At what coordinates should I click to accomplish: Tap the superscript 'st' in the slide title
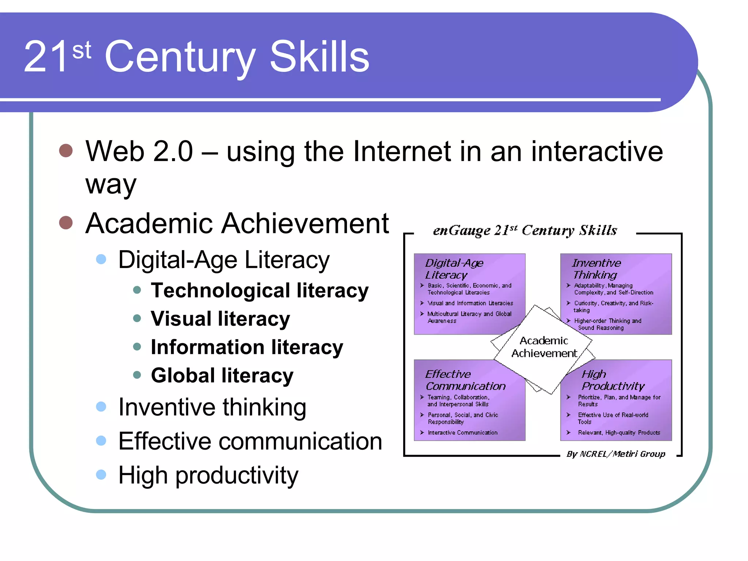(81, 50)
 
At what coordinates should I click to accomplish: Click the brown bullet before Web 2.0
(66, 150)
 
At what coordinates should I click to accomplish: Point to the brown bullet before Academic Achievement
(66, 222)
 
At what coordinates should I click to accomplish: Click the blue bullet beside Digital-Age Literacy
(101, 259)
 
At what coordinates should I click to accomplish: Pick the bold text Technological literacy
(260, 291)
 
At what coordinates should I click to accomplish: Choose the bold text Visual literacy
(220, 319)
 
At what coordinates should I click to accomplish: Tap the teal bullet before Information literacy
(137, 347)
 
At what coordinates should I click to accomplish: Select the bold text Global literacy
(222, 375)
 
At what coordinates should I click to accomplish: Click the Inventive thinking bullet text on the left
(212, 407)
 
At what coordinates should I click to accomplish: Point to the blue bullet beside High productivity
(101, 475)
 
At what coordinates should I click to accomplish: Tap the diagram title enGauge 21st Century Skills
(524, 230)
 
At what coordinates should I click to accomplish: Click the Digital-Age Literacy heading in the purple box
(454, 269)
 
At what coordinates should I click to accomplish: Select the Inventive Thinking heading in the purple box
(596, 269)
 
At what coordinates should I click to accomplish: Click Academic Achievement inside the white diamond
(544, 347)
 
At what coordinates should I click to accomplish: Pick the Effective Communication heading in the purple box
(465, 380)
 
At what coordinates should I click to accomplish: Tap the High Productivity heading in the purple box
(612, 380)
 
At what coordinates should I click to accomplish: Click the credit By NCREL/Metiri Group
(615, 454)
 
